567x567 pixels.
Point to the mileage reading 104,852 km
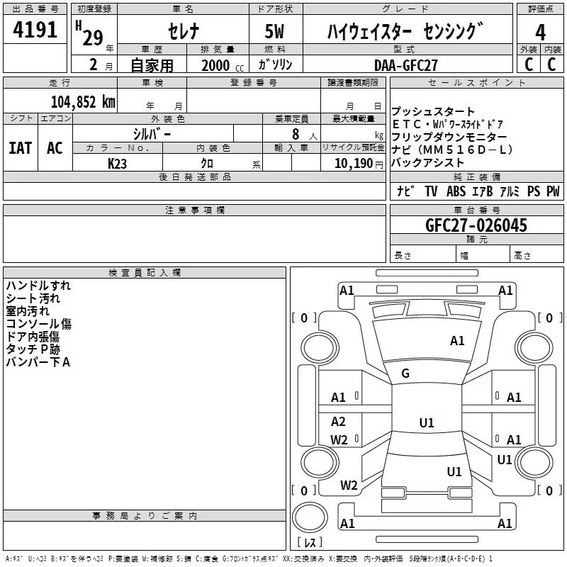point(83,101)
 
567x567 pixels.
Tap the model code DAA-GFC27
point(406,64)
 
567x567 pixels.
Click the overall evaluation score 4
point(541,32)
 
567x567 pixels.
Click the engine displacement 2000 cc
point(215,65)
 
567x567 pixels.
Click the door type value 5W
point(276,31)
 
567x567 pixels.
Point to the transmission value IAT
point(20,148)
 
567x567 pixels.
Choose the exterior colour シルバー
point(152,133)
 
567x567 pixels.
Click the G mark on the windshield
point(405,374)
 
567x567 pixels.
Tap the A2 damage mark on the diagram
point(339,421)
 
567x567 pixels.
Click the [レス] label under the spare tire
point(310,544)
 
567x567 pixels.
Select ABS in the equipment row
point(456,191)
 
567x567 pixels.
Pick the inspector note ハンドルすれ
point(38,286)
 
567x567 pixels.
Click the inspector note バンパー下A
point(38,362)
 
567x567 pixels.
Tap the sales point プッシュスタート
point(434,111)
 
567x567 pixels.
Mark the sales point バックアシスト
point(427,162)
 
